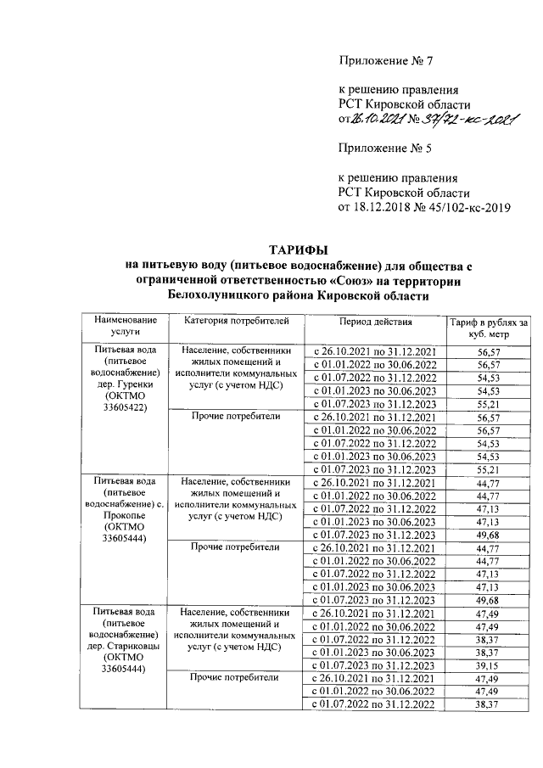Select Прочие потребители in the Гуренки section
[x=235, y=416]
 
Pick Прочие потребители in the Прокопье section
[x=235, y=547]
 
